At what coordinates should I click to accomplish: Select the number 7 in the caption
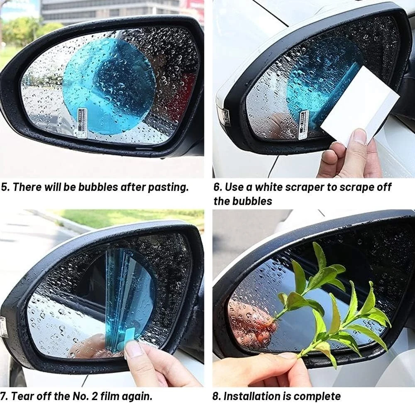3,396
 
